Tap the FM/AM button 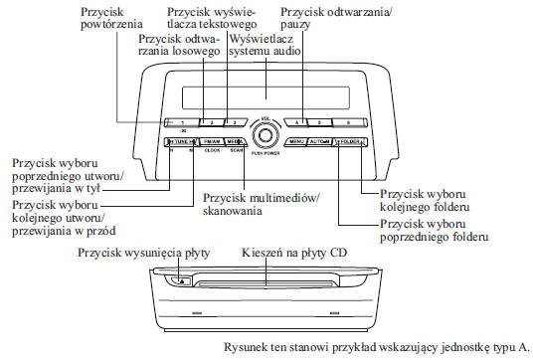coord(210,142)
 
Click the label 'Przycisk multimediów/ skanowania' coord(262,204)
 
